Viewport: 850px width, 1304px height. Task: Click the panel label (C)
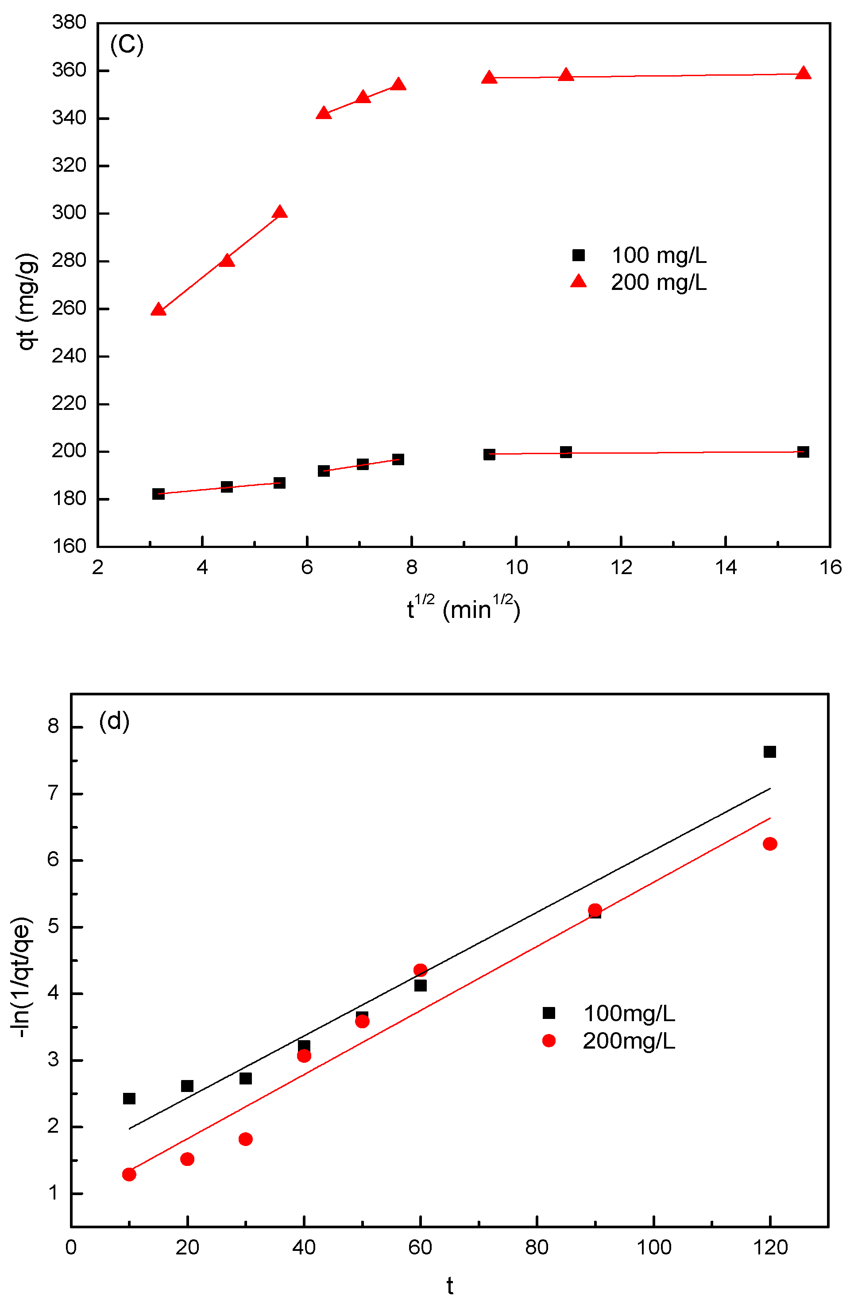(127, 44)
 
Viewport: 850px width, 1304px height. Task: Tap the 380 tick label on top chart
(69, 23)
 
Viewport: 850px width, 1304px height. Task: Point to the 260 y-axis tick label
(69, 308)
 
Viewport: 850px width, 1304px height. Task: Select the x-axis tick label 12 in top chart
(621, 567)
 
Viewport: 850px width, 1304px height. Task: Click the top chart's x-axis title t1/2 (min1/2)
(463, 608)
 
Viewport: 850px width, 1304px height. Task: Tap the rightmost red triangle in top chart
(803, 73)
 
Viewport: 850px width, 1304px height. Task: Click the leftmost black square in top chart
(158, 494)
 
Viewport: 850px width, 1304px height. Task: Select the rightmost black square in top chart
(803, 452)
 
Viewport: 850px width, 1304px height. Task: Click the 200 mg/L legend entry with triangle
(638, 282)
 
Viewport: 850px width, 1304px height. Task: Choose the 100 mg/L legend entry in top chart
(638, 255)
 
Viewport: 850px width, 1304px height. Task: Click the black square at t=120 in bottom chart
(769, 752)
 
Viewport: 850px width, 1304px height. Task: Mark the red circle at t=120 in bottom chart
(769, 844)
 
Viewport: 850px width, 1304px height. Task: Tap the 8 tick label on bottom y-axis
(53, 726)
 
